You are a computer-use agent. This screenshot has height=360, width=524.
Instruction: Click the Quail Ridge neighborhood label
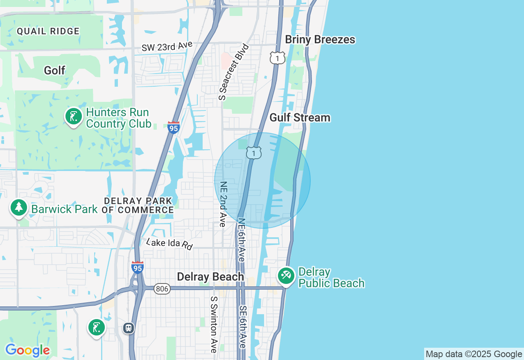pyautogui.click(x=48, y=31)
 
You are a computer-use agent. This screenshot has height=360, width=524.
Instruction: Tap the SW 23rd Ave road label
pyautogui.click(x=167, y=46)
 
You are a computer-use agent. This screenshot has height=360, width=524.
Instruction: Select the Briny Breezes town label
pyautogui.click(x=320, y=40)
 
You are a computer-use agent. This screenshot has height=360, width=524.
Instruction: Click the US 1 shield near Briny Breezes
pyautogui.click(x=277, y=58)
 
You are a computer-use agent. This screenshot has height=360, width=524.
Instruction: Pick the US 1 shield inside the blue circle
pyautogui.click(x=254, y=153)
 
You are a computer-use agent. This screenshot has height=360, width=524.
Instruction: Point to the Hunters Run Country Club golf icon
pyautogui.click(x=74, y=117)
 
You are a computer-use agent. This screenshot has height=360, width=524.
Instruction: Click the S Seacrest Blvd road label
pyautogui.click(x=234, y=72)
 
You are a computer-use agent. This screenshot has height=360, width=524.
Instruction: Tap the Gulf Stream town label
pyautogui.click(x=300, y=118)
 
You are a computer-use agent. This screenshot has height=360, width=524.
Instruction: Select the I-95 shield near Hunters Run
pyautogui.click(x=174, y=128)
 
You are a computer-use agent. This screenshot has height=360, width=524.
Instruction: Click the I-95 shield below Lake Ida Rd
pyautogui.click(x=138, y=268)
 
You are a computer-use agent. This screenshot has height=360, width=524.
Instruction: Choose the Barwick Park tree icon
pyautogui.click(x=18, y=208)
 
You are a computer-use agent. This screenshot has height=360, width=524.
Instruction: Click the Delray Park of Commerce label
pyautogui.click(x=138, y=206)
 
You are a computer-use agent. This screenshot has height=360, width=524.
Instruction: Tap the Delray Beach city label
pyautogui.click(x=210, y=277)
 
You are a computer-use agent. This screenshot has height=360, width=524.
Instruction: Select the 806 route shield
pyautogui.click(x=162, y=289)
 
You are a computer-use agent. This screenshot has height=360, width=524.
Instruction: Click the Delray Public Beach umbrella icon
pyautogui.click(x=286, y=276)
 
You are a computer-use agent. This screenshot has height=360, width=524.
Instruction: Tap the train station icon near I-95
pyautogui.click(x=129, y=328)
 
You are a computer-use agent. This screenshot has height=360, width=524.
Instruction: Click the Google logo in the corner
pyautogui.click(x=27, y=351)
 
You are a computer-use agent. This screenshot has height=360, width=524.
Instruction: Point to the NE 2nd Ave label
pyautogui.click(x=223, y=204)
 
